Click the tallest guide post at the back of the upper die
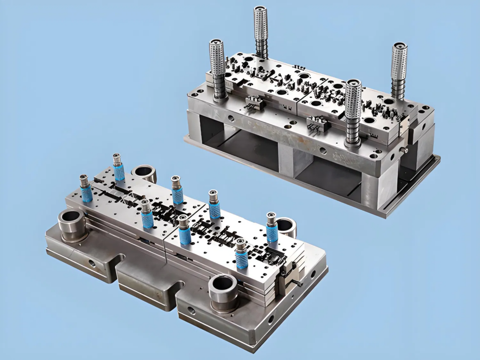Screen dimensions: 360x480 point(261,28)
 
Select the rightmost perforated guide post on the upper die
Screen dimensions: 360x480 point(399,66)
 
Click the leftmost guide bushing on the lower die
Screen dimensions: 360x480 point(72,224)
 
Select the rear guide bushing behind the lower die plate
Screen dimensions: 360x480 point(144,173)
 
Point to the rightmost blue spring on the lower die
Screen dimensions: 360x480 point(272,231)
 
